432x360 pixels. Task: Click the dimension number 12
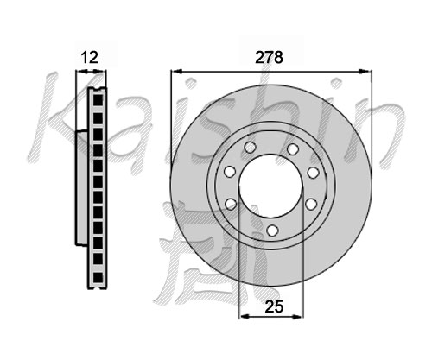pos(90,57)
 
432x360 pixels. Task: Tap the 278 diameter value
pos(270,57)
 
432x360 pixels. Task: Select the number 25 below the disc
pos(274,306)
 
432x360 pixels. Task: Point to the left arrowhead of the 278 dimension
pos(177,72)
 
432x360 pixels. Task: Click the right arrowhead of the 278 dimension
pos(364,72)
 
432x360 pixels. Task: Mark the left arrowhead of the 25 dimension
pos(245,317)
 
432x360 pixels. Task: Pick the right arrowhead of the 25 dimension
pos(296,317)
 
